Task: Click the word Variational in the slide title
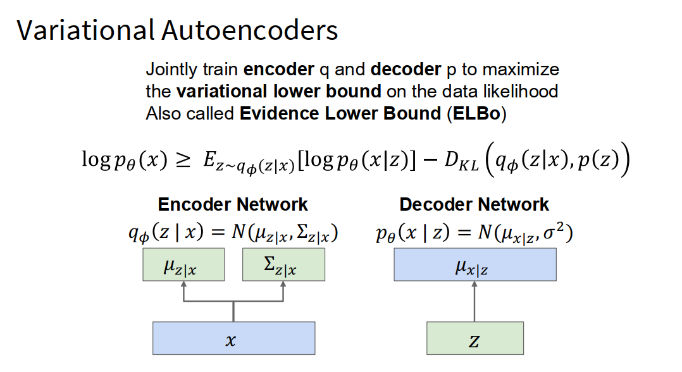[85, 30]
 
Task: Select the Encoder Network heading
[233, 204]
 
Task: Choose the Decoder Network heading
[474, 204]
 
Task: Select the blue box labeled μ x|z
[475, 264]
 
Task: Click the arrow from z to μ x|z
[475, 302]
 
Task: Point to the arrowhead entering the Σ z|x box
[283, 284]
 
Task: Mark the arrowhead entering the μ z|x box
[183, 284]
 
